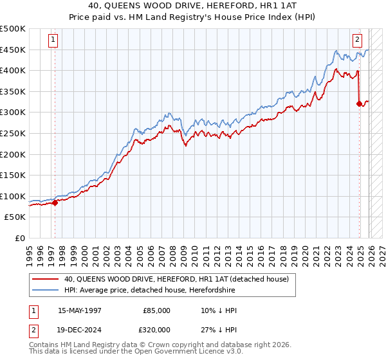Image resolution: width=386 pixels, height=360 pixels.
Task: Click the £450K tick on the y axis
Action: coord(13,50)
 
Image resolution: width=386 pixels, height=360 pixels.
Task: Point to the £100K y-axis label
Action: coord(13,196)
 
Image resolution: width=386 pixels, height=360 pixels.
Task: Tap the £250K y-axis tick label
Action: coord(13,133)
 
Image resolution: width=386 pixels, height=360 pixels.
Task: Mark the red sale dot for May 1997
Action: coord(55,203)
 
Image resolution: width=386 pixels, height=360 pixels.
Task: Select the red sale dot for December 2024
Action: coord(359,104)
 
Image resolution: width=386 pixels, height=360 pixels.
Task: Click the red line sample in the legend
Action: coord(45,279)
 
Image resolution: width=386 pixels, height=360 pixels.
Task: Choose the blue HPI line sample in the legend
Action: coord(45,290)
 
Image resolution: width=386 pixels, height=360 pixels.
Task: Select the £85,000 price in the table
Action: coord(157,310)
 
